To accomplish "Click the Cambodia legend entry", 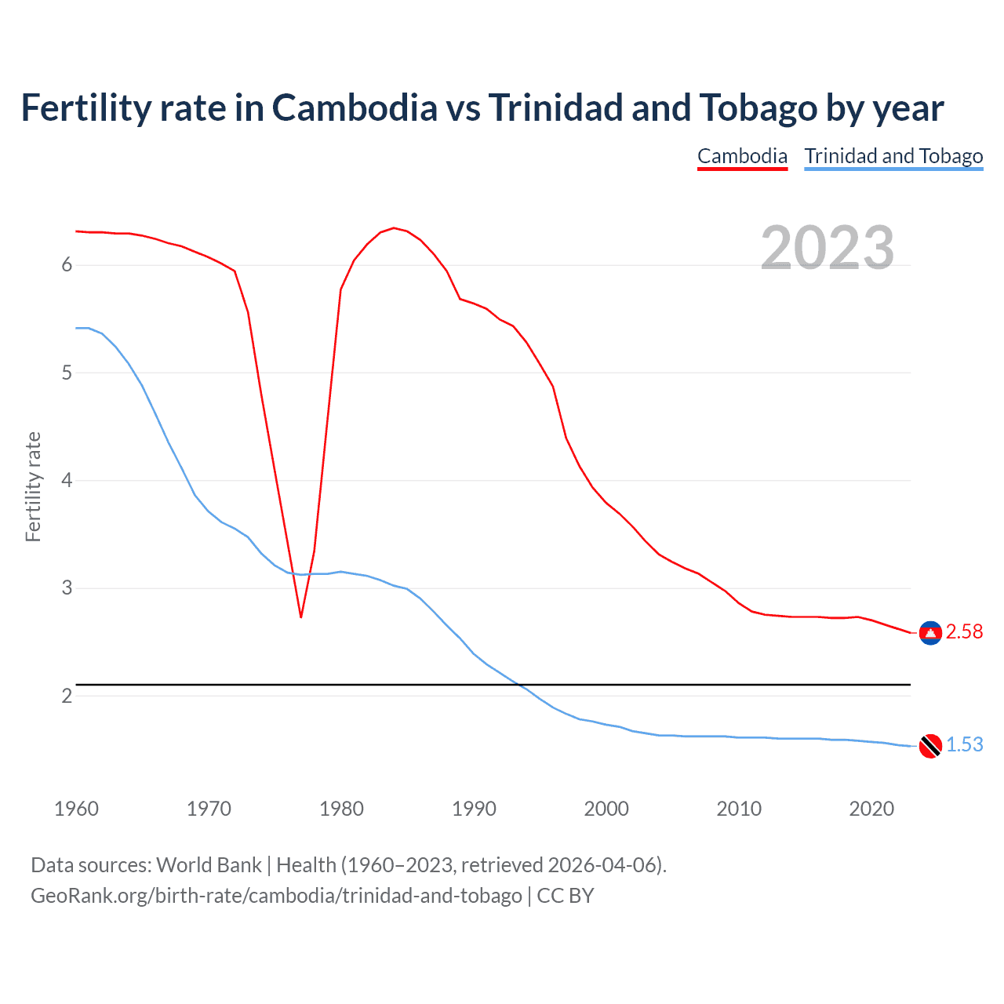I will (742, 156).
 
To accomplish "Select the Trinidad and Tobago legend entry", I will (893, 156).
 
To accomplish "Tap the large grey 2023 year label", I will (828, 248).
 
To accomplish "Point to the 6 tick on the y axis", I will (67, 265).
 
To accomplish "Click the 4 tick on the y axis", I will (67, 480).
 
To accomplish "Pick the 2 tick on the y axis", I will (67, 696).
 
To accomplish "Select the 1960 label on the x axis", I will (76, 809).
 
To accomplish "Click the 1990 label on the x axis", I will (474, 809).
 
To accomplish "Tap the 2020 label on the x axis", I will (871, 809).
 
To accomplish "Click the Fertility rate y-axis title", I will (33, 486).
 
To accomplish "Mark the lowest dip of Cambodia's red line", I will (300, 617).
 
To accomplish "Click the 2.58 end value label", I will (964, 632).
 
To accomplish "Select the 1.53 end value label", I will (964, 745).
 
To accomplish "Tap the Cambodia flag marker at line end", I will (930, 633).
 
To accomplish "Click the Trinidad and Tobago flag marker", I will (930, 746).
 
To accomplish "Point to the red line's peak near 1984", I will (393, 228).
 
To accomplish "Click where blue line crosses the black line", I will (518, 685).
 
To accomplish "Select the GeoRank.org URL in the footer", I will (276, 896).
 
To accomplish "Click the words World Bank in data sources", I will (209, 865).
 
